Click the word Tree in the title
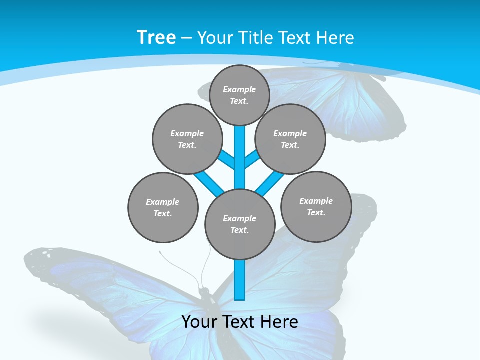pos(156,37)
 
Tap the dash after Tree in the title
pos(186,38)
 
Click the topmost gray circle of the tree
pos(239,95)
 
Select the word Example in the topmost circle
pos(239,89)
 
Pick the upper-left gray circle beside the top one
pos(187,139)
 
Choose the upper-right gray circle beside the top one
pos(290,139)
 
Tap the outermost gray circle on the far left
pos(163,207)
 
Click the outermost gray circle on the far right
pos(316,206)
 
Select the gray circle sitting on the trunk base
pos(240,224)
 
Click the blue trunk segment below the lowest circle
pos(240,280)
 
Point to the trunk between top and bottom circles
pos(240,157)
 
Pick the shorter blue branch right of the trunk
pos(252,158)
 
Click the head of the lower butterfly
pos(203,291)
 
